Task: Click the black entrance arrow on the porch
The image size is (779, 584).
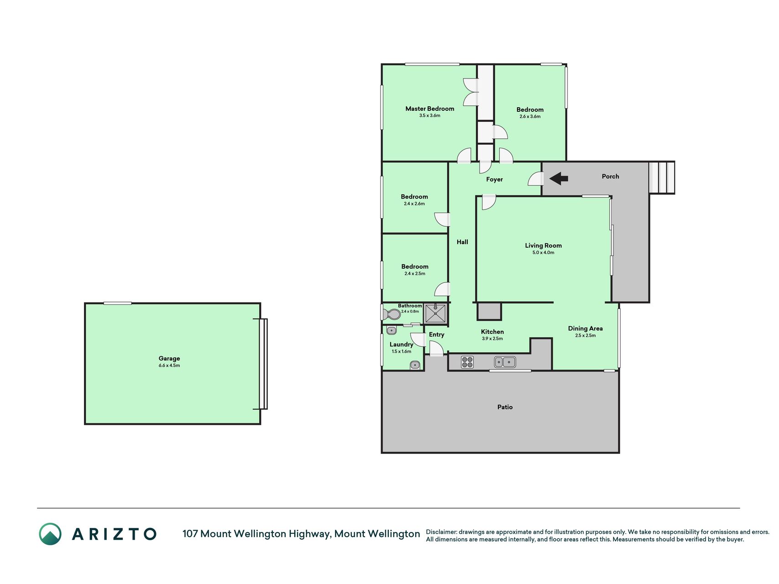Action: tap(559, 178)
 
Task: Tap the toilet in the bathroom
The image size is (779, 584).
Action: tap(391, 314)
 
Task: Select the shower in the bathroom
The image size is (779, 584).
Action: tap(435, 313)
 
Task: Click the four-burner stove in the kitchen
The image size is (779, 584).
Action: tap(467, 362)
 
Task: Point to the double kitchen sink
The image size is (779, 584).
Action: tap(505, 362)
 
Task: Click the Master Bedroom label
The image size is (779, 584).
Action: tap(430, 109)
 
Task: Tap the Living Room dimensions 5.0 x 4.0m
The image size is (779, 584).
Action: tap(543, 252)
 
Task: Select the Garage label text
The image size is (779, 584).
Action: tap(169, 359)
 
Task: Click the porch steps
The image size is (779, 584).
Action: tap(662, 177)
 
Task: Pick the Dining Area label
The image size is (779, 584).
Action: tap(586, 328)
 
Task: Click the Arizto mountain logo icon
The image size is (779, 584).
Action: tap(50, 534)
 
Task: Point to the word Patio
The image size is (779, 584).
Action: tap(505, 407)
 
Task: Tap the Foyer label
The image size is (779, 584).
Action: tap(494, 179)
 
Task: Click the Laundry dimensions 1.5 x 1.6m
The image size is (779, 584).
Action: tap(402, 351)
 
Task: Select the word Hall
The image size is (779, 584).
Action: tap(462, 242)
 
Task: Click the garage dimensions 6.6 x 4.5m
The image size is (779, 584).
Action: tap(169, 365)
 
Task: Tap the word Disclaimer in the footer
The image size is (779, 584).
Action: tap(441, 532)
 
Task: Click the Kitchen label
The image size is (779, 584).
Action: tap(492, 332)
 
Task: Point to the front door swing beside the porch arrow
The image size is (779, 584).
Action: tap(535, 179)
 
